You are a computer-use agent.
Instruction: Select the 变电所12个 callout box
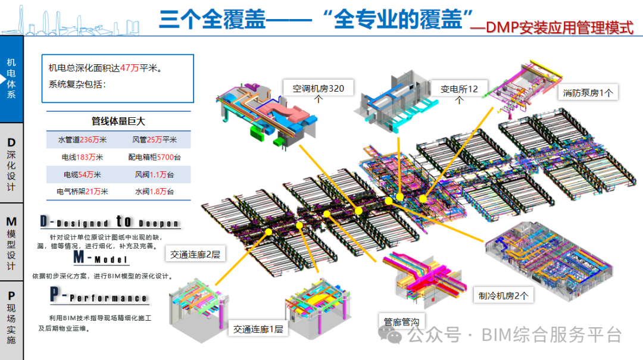[459, 94]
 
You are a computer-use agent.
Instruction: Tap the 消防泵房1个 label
[588, 92]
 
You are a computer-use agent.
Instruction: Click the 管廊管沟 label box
[401, 322]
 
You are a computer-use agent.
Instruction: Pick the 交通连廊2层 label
[195, 255]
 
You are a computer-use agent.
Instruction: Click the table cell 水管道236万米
[82, 140]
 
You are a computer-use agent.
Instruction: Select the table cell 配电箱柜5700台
[154, 157]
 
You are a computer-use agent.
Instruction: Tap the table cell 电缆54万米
[82, 174]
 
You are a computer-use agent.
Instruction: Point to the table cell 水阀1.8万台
[154, 192]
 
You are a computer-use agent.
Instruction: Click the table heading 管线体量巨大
[118, 121]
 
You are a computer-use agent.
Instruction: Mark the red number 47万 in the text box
[129, 68]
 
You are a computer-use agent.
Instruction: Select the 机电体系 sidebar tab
[11, 79]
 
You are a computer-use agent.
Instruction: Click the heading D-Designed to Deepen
[110, 222]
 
